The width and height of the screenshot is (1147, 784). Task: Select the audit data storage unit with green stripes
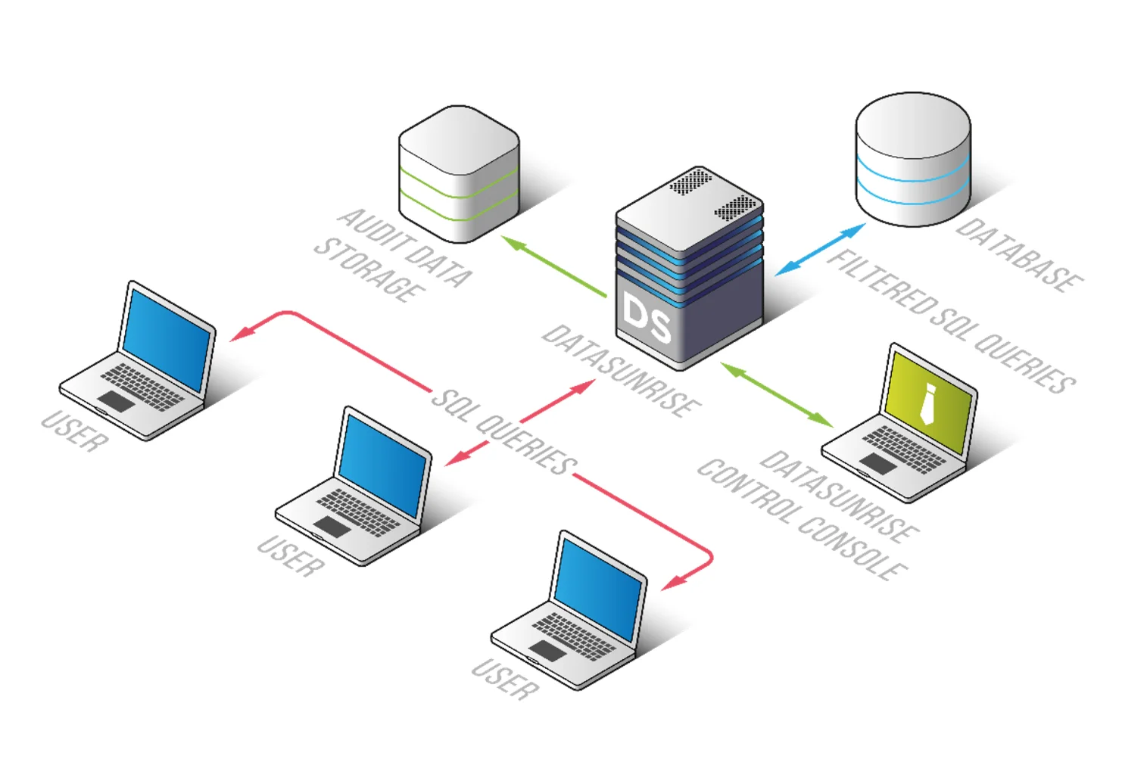pyautogui.click(x=459, y=176)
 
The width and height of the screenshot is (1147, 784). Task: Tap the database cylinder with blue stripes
pyautogui.click(x=912, y=160)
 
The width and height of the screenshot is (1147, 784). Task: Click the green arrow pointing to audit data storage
pyautogui.click(x=554, y=267)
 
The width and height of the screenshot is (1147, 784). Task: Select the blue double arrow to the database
pyautogui.click(x=820, y=249)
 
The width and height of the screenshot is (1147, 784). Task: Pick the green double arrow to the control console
pyautogui.click(x=777, y=394)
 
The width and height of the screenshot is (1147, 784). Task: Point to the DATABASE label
pyautogui.click(x=1018, y=256)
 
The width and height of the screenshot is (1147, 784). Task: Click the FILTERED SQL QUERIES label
pyautogui.click(x=950, y=321)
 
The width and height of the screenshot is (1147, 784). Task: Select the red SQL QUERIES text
pyautogui.click(x=503, y=432)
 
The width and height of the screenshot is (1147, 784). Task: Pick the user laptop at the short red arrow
pyautogui.click(x=354, y=487)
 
